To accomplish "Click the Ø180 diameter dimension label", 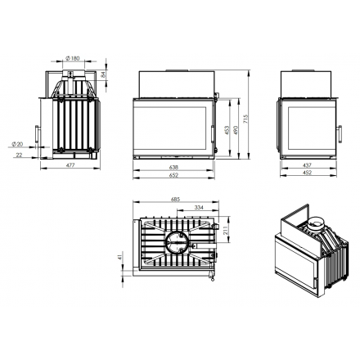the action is (73, 58).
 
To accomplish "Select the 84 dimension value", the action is (103, 74).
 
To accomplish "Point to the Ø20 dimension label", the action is (17, 144).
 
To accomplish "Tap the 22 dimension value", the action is (19, 155).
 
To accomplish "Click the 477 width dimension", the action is (70, 165).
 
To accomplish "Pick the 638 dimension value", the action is (173, 167).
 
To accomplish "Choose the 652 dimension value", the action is (173, 175).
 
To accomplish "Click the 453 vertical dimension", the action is (227, 131).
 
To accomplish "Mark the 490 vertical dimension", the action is (236, 131).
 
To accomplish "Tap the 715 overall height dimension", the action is (245, 119).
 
